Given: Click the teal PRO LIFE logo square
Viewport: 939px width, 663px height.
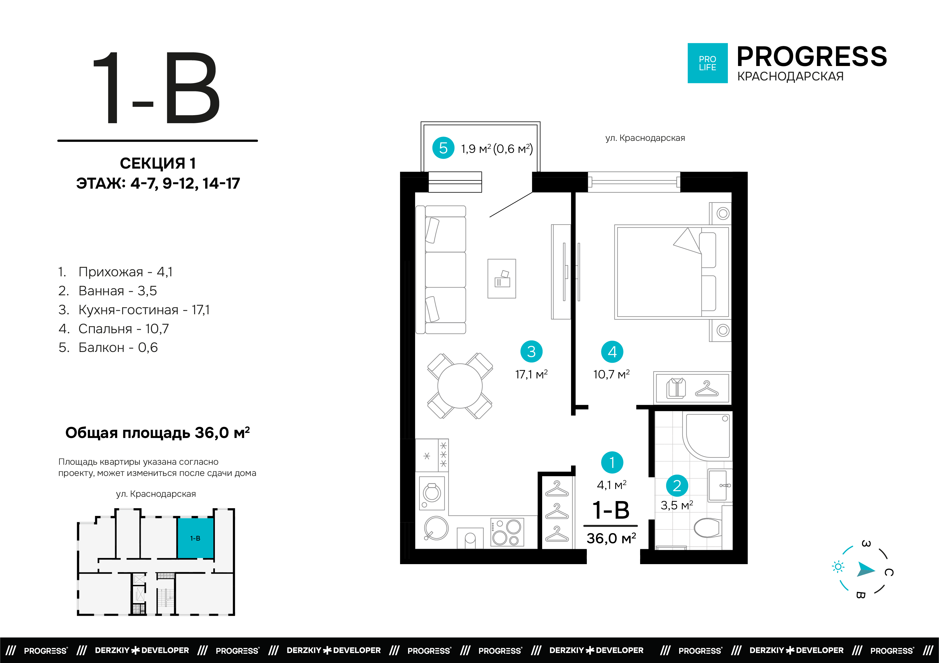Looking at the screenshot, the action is coord(708,63).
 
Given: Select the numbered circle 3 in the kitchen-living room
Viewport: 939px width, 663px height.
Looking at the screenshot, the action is coord(531,351).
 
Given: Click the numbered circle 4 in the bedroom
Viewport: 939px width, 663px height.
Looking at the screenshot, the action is coord(612,352).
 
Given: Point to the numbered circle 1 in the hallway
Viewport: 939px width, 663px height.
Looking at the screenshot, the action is coord(612,462).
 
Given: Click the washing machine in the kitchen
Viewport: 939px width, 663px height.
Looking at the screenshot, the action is coord(432,493).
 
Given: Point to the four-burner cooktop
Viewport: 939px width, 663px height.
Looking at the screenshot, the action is coord(507,532).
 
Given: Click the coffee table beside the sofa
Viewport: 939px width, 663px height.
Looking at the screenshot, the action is coord(502,279).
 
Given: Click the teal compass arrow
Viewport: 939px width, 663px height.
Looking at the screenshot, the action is coord(865,569).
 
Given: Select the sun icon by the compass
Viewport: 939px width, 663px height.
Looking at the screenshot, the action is coord(838,567).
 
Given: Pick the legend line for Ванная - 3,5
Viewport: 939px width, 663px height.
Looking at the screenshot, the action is coord(108,290).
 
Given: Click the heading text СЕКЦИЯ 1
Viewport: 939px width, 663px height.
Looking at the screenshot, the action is coord(158,163).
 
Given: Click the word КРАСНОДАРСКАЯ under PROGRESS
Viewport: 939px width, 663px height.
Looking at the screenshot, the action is coord(790,76).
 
